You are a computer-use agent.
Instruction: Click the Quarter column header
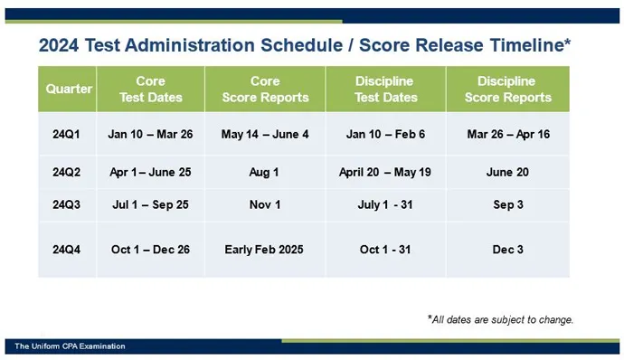point(70,90)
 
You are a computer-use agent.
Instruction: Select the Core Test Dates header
point(150,90)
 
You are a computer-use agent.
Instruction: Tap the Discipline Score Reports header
point(506,90)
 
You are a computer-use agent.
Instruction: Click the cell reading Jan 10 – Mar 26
point(150,135)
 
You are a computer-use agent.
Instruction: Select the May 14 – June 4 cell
point(265,135)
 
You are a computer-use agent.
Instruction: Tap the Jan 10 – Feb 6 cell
point(385,135)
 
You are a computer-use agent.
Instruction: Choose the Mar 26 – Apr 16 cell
point(507,135)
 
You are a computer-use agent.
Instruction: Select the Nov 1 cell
point(265,205)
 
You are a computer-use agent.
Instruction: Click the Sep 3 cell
point(507,205)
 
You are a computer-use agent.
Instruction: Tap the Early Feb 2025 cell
point(265,250)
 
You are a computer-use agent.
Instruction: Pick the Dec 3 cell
point(507,250)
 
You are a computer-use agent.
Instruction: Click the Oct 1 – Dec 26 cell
point(150,250)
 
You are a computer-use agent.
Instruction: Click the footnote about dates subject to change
point(500,319)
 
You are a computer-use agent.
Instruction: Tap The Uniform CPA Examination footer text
point(70,346)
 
